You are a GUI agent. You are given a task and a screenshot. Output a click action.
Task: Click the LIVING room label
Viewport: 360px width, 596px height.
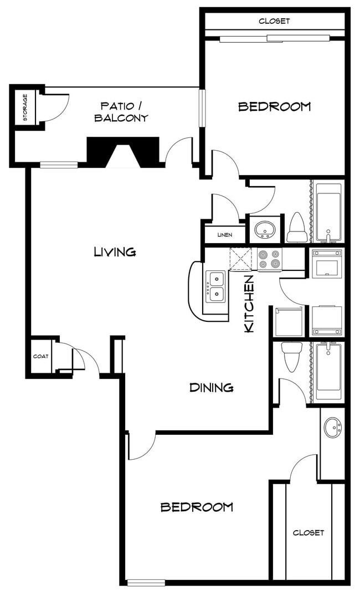coord(115,252)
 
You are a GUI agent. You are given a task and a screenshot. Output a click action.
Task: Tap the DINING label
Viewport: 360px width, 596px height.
coord(211,388)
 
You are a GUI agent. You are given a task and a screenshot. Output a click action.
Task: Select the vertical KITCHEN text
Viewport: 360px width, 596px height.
coord(249,304)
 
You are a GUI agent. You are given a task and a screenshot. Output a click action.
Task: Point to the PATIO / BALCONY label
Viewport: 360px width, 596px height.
coord(121,111)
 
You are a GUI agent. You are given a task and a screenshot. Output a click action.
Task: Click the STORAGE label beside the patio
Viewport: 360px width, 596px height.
coord(25,107)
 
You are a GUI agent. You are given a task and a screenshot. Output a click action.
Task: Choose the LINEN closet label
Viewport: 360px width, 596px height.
coord(224,235)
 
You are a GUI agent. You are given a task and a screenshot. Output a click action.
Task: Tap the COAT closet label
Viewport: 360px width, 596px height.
coord(41,357)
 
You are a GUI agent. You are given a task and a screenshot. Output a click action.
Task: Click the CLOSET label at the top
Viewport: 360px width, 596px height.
coord(274,21)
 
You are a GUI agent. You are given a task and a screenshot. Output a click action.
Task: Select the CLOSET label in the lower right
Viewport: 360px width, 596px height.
coord(308,532)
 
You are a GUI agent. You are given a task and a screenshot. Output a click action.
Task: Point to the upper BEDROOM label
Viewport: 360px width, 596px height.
coord(275,106)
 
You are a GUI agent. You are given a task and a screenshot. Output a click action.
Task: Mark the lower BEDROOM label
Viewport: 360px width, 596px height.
coord(197,507)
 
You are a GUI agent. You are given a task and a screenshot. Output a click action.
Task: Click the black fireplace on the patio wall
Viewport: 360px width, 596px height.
coord(123,151)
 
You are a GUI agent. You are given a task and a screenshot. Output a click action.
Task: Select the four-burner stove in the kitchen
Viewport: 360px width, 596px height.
coord(270,259)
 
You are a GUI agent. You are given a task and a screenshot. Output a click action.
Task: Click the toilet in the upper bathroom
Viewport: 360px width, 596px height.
coord(297,228)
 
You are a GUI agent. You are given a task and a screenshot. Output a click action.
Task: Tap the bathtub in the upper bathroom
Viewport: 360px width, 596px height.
coord(328,210)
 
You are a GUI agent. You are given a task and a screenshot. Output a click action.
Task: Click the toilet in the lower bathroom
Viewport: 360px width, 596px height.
coord(292,356)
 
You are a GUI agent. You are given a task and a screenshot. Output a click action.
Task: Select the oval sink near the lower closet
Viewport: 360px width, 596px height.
coord(333,428)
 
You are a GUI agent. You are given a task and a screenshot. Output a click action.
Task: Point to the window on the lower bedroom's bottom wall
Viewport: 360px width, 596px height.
coord(146,582)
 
